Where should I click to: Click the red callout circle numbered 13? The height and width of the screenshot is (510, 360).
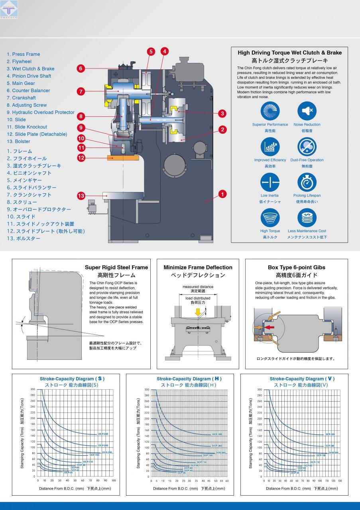(81, 196)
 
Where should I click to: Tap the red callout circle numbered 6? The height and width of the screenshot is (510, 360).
(81, 69)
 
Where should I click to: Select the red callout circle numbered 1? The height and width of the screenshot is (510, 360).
(222, 194)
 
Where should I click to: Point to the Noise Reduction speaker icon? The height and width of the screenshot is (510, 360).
(307, 111)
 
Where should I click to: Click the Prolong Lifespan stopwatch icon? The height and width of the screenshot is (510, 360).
(307, 182)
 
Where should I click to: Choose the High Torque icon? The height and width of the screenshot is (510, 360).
(270, 218)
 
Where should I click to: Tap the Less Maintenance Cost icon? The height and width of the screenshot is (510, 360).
(307, 218)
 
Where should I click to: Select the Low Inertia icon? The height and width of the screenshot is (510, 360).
(270, 182)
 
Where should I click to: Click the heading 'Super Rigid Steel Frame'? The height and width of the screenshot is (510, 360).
(116, 267)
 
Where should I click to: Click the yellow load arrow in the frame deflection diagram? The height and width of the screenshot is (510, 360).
(198, 312)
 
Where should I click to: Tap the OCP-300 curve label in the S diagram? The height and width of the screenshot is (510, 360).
(103, 434)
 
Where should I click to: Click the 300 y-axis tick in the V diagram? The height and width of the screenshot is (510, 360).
(260, 389)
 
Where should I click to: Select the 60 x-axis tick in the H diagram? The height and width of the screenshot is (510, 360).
(227, 481)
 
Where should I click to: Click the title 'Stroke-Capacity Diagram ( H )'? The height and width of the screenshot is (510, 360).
(189, 379)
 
